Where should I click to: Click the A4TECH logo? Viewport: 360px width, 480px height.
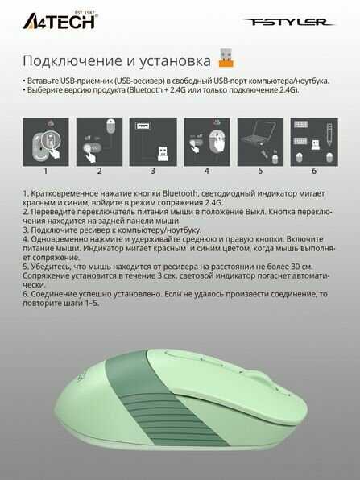click(60, 21)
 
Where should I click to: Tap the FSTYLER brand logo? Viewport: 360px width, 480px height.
click(289, 22)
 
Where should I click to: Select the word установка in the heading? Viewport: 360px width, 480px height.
click(175, 61)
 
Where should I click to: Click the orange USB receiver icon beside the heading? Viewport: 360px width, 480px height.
click(226, 57)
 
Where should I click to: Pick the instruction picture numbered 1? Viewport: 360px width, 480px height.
click(46, 142)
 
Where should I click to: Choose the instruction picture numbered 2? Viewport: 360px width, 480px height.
click(99, 142)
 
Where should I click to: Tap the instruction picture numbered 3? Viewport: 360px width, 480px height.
click(153, 142)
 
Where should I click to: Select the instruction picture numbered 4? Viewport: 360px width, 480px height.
click(207, 142)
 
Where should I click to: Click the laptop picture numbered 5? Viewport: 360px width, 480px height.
click(260, 142)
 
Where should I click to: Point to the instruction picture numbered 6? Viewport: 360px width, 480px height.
click(314, 142)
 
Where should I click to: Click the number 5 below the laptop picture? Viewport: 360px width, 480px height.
click(260, 171)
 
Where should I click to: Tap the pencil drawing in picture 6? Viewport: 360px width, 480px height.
click(329, 134)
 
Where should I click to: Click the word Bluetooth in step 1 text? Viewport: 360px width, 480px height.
click(180, 193)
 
